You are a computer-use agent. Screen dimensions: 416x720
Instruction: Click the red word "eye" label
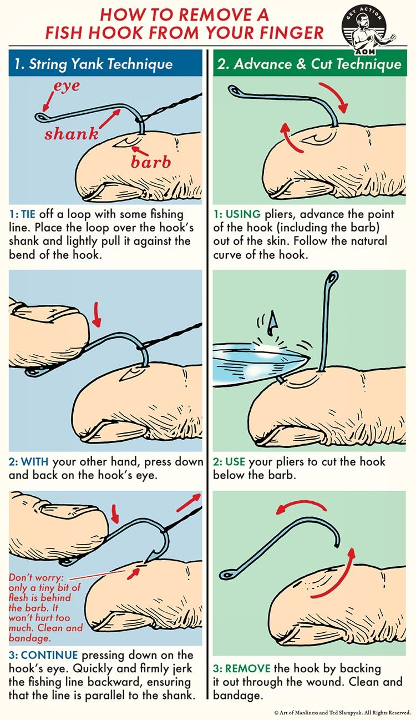click(67, 87)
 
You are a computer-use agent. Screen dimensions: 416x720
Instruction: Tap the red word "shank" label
click(72, 133)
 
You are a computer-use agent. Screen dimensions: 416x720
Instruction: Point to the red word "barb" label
click(151, 162)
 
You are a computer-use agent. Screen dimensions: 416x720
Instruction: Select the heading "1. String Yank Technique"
click(94, 64)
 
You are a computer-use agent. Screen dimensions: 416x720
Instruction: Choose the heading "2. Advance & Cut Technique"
click(309, 64)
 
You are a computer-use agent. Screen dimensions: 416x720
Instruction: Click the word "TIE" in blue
click(28, 214)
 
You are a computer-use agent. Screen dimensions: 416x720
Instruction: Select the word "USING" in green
click(243, 214)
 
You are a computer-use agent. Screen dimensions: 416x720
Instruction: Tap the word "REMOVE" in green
click(248, 668)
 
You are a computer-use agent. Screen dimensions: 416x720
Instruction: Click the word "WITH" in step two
click(35, 461)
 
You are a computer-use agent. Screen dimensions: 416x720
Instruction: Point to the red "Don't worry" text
click(36, 577)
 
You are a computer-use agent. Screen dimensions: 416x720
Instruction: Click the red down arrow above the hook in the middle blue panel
click(97, 314)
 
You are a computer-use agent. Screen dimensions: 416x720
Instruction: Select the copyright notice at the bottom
click(343, 712)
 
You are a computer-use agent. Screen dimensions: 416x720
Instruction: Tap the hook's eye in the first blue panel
click(41, 117)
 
